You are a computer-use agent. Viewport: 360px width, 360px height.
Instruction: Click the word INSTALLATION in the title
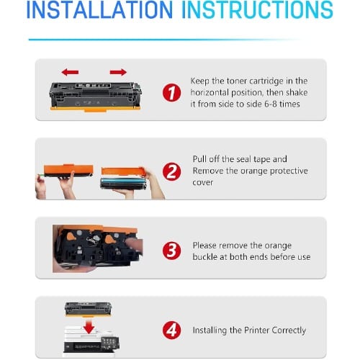[x=99, y=9]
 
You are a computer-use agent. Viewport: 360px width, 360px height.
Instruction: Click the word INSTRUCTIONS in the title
[x=257, y=9]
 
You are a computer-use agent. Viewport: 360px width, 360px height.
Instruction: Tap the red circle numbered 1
[x=171, y=92]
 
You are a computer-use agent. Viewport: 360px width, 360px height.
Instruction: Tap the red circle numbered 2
[x=171, y=171]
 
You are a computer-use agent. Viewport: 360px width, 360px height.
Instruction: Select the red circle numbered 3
[x=171, y=251]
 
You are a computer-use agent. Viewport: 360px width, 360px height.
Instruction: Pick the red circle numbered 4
[x=171, y=330]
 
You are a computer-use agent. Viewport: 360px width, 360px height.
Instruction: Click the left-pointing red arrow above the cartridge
[x=70, y=72]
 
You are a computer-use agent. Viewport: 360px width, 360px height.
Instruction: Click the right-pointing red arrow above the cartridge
[x=118, y=72]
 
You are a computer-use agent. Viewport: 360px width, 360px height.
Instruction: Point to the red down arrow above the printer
[x=89, y=326]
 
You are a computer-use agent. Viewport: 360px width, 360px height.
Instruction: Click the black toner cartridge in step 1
[x=96, y=96]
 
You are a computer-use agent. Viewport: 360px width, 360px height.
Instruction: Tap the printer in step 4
[x=91, y=341]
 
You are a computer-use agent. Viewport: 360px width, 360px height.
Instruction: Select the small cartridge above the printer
[x=88, y=309]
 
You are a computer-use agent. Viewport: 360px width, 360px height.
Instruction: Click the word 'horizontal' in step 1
[x=210, y=93]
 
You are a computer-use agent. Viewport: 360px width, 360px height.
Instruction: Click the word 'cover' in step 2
[x=202, y=183]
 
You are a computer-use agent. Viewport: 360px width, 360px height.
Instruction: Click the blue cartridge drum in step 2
[x=123, y=184]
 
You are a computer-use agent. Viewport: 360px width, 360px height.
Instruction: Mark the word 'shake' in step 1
[x=297, y=92]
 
